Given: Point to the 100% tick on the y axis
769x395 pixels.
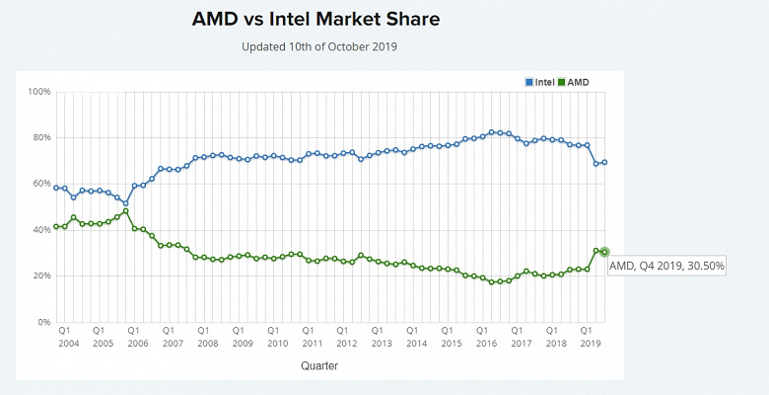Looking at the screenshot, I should click(x=39, y=92).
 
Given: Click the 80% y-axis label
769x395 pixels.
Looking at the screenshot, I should click(x=39, y=137).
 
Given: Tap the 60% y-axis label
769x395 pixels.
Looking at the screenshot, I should click(x=39, y=184).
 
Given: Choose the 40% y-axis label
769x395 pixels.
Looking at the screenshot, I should click(x=39, y=230).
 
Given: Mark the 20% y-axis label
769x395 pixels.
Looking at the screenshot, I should click(x=39, y=276).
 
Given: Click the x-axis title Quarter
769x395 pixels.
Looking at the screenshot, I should click(x=321, y=365).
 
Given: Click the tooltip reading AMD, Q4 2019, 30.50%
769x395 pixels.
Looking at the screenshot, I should click(x=666, y=266).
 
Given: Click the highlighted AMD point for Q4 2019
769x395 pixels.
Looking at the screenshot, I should click(x=604, y=252).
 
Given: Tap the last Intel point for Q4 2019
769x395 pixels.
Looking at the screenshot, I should click(x=604, y=162).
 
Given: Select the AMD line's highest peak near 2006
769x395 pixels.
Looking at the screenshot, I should click(x=125, y=211).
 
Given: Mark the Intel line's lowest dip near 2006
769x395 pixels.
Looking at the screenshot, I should click(x=125, y=203).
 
